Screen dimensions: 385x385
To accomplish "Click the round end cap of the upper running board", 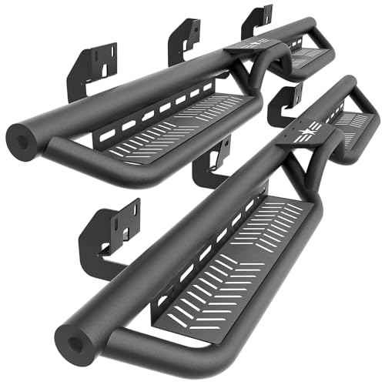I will [x=21, y=139].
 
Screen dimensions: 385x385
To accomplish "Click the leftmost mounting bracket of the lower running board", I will [x=110, y=230].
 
